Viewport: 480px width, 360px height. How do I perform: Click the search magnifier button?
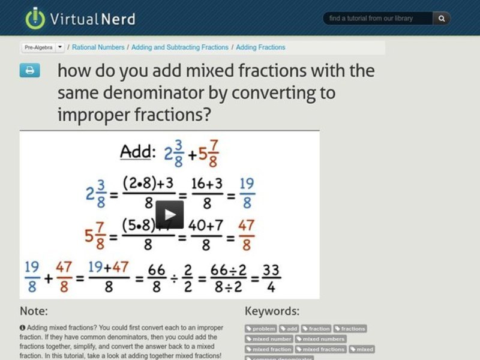point(442,19)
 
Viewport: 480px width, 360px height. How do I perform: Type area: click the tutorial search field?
point(378,19)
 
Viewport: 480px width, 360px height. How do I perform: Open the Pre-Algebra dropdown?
point(43,47)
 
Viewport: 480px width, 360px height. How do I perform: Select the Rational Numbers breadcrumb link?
point(98,47)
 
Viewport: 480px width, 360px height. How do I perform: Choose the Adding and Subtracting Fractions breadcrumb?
point(180,47)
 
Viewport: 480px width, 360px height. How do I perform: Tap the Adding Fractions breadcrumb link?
point(260,47)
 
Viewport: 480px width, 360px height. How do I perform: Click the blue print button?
point(29,70)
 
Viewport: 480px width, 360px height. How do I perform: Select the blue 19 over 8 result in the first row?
point(247,192)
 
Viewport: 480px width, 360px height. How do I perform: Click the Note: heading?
point(34,311)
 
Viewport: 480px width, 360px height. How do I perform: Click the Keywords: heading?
point(272,311)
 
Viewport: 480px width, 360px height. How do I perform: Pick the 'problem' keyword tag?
point(261,329)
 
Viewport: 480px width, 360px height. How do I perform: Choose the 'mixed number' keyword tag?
point(269,339)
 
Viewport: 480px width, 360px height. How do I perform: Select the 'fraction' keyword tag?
point(316,329)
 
